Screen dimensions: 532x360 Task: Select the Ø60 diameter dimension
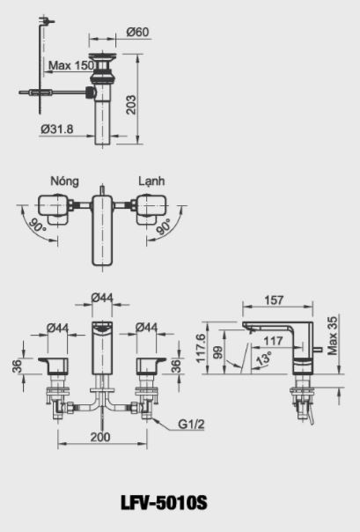coord(136,33)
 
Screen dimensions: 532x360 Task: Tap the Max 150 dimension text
coord(71,65)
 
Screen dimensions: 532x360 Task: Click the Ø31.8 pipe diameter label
coord(56,129)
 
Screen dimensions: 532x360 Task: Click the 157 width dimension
coord(275,299)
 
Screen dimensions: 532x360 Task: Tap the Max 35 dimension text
coord(332,335)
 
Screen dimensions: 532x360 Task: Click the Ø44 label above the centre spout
coord(104,299)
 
